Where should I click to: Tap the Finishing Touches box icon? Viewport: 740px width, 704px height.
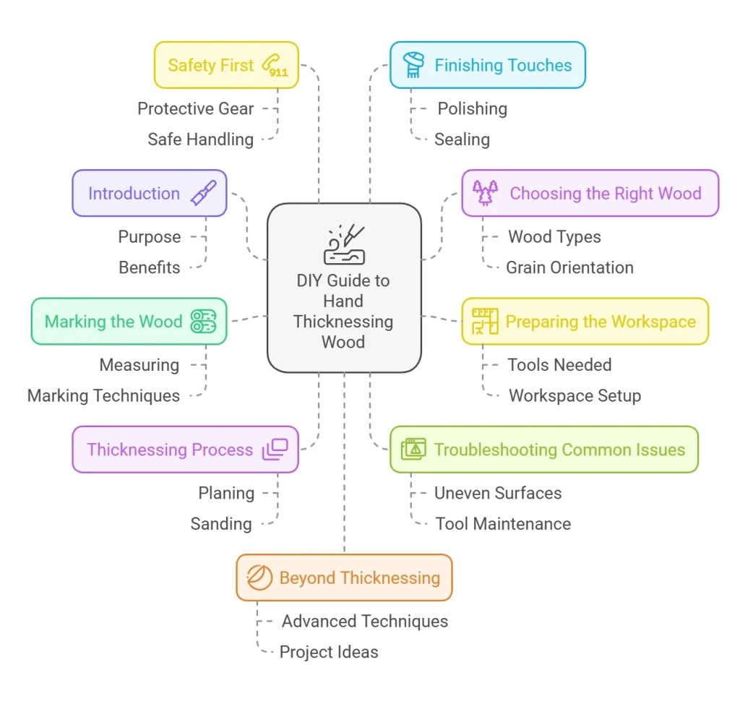(413, 65)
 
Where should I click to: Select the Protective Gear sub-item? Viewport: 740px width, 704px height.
(196, 109)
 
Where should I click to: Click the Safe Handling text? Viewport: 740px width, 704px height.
(200, 139)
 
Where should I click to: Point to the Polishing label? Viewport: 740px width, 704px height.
(472, 109)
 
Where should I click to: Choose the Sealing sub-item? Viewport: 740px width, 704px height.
(462, 139)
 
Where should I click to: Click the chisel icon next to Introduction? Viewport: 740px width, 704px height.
(203, 194)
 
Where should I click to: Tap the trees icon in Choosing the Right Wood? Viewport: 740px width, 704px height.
(486, 193)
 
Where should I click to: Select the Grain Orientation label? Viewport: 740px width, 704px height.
(569, 267)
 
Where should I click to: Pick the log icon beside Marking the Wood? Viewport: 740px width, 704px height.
(203, 322)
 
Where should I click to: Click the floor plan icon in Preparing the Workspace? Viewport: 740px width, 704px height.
(485, 322)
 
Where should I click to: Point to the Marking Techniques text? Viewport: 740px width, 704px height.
(103, 396)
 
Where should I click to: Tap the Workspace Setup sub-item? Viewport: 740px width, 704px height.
(575, 396)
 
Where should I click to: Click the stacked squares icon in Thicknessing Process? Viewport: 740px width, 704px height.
(275, 450)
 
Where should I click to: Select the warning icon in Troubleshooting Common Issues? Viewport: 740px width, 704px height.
(415, 450)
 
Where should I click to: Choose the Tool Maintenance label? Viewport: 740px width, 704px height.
(503, 524)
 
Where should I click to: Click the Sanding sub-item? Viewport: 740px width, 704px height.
(221, 524)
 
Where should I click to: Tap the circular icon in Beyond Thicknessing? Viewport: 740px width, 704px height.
(259, 578)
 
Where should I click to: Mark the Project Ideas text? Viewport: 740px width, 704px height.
(329, 652)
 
